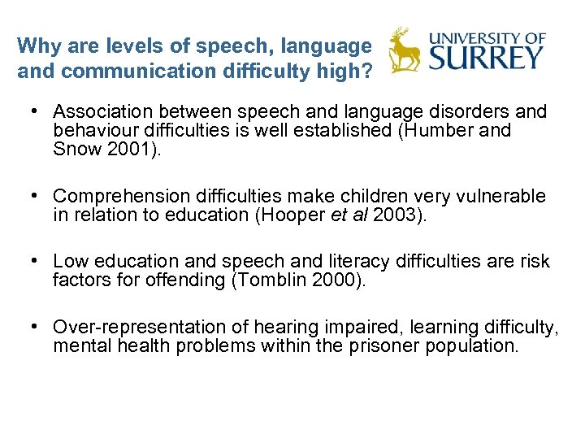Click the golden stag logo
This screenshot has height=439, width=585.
pos(404,50)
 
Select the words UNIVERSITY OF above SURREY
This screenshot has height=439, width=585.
pos(487,37)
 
